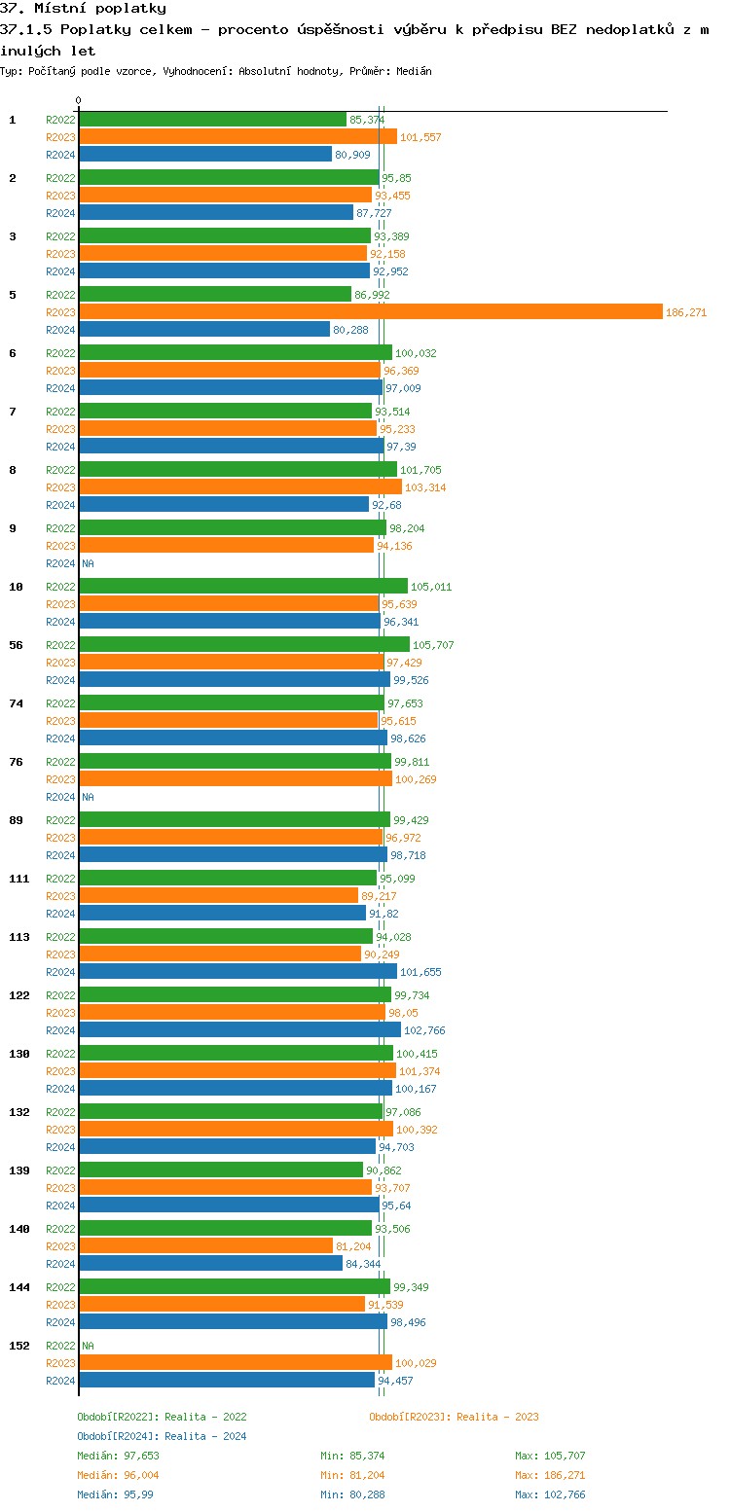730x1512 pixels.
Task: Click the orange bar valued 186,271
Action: pyautogui.click(x=370, y=312)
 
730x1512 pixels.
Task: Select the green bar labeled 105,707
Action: pyautogui.click(x=243, y=645)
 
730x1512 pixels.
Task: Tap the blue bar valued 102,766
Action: pyautogui.click(x=239, y=1030)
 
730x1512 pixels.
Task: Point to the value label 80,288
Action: pyautogui.click(x=350, y=330)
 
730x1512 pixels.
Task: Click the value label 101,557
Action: pyautogui.click(x=420, y=137)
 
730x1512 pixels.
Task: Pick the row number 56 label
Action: pyautogui.click(x=16, y=645)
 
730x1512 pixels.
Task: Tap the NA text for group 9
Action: pyautogui.click(x=88, y=563)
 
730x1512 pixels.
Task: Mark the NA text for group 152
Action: pyautogui.click(x=88, y=1346)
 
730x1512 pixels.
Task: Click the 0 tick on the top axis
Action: pyautogui.click(x=79, y=100)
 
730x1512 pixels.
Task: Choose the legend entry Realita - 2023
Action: pyautogui.click(x=454, y=1417)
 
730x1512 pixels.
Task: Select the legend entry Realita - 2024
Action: pyautogui.click(x=162, y=1436)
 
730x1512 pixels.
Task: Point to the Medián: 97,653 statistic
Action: pyautogui.click(x=118, y=1456)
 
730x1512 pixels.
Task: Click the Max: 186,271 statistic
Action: pyautogui.click(x=550, y=1475)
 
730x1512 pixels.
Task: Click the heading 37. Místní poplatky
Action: pyautogui.click(x=83, y=9)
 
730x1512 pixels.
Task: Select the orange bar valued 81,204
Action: pyautogui.click(x=205, y=1246)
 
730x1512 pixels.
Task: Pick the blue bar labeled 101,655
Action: pyautogui.click(x=237, y=972)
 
